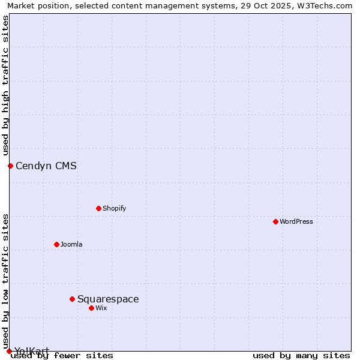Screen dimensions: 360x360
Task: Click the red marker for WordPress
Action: pos(275,221)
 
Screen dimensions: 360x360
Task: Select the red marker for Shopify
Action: pos(98,208)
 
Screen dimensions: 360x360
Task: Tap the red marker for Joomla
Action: pos(56,244)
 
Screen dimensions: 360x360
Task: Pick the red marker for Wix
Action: pos(91,308)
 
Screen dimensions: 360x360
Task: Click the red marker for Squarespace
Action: pos(72,299)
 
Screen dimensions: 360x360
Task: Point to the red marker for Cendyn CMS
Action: pos(10,166)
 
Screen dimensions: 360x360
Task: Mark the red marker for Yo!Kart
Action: pos(9,351)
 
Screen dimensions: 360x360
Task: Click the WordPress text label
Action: pos(296,221)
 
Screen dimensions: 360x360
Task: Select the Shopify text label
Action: pos(114,208)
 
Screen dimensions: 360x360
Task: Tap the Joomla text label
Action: pos(71,244)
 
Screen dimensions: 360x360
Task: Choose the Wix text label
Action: pos(101,308)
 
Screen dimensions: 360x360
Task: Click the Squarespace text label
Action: pos(108,299)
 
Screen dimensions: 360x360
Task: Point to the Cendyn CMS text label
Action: pos(46,166)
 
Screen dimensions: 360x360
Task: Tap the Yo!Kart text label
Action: pos(32,351)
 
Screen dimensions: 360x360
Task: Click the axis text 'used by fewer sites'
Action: pos(62,355)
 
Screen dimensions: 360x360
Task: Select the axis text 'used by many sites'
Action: pos(301,355)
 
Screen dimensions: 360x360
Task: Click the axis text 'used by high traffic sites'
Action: pos(5,86)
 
